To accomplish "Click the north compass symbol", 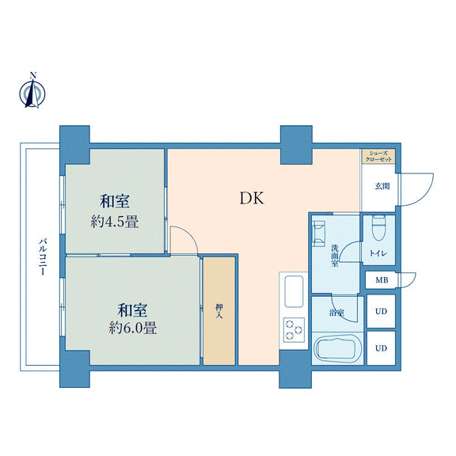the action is pyautogui.click(x=32, y=91).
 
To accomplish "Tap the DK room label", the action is pyautogui.click(x=252, y=199).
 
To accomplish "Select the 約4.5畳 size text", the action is pyautogui.click(x=114, y=222).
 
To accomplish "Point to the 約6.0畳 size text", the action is pyautogui.click(x=133, y=328).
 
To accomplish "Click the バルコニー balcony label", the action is pyautogui.click(x=43, y=257).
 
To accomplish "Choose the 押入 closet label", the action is pyautogui.click(x=219, y=311).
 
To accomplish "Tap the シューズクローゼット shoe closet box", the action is pyautogui.click(x=378, y=156).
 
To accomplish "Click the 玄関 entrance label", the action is pyautogui.click(x=382, y=186).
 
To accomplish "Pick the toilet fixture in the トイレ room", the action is pyautogui.click(x=378, y=228).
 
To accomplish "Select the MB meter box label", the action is pyautogui.click(x=382, y=280).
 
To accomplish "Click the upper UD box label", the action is pyautogui.click(x=381, y=311).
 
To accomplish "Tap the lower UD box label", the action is pyautogui.click(x=381, y=348).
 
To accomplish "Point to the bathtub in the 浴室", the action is pyautogui.click(x=338, y=348).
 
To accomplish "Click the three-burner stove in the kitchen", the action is pyautogui.click(x=294, y=330).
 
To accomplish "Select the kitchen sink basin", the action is pyautogui.click(x=294, y=291).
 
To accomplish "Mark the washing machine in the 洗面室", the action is pyautogui.click(x=318, y=234).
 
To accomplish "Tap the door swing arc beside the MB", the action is pyautogui.click(x=411, y=282).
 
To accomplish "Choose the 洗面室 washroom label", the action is pyautogui.click(x=335, y=256).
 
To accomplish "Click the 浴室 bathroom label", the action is pyautogui.click(x=336, y=313).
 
